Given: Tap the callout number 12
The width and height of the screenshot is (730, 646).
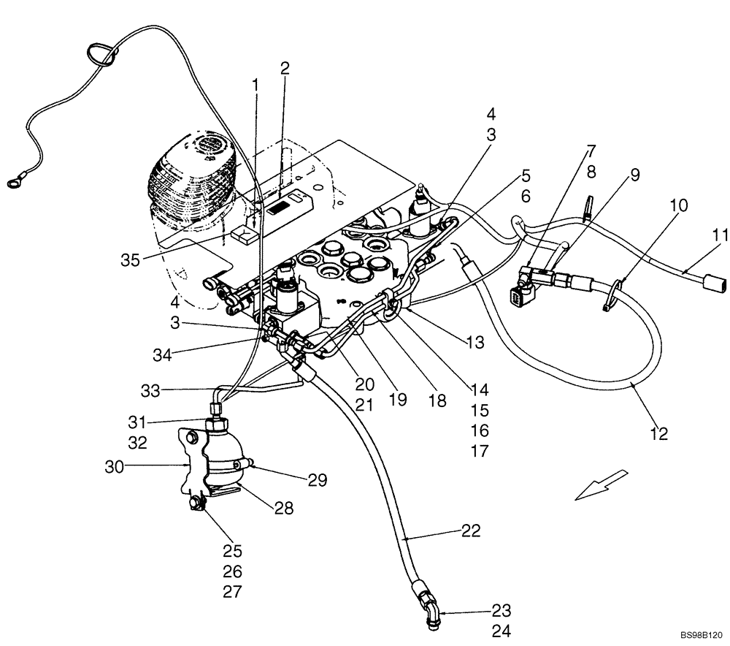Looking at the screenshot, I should [658, 433].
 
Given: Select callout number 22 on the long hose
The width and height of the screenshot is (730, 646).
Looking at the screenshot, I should [471, 531].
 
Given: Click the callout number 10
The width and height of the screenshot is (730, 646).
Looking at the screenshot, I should [678, 206].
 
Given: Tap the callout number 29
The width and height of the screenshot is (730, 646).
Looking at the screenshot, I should [317, 480].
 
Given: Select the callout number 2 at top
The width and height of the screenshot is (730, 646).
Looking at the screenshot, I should [285, 69].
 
